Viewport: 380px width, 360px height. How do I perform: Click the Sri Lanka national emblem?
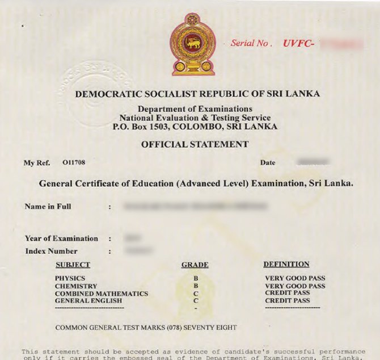[x=193, y=44]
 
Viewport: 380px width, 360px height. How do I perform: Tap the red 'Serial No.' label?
[x=251, y=43]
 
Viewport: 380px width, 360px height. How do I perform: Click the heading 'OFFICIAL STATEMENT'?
[x=195, y=144]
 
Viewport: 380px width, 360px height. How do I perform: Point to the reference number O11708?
[x=74, y=162]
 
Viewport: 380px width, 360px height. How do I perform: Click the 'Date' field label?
[x=268, y=162]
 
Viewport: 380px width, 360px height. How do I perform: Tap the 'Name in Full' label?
[x=48, y=207]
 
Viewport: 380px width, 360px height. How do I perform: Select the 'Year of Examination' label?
[x=61, y=238]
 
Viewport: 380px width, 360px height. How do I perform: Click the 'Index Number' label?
[x=51, y=251]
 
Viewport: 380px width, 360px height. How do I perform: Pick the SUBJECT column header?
[x=73, y=265]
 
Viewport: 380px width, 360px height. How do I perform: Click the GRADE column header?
[x=195, y=265]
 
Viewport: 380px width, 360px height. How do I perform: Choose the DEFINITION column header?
[x=286, y=264]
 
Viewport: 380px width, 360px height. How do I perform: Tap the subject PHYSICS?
[x=70, y=278]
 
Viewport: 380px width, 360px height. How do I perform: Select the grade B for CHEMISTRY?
[x=196, y=286]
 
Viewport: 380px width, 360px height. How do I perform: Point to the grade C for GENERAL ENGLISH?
[x=196, y=300]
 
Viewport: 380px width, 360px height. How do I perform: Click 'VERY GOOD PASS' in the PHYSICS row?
[x=295, y=278]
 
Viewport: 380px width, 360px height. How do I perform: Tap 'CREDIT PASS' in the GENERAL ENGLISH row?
[x=288, y=300]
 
